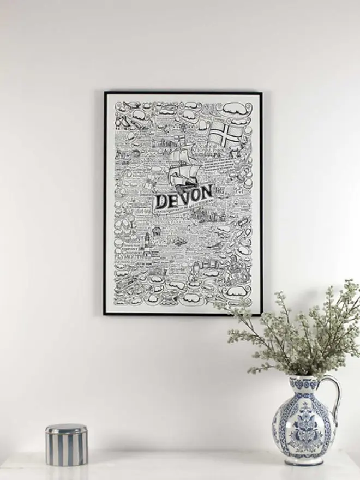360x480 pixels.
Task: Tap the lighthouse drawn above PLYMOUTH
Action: click(x=147, y=239)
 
